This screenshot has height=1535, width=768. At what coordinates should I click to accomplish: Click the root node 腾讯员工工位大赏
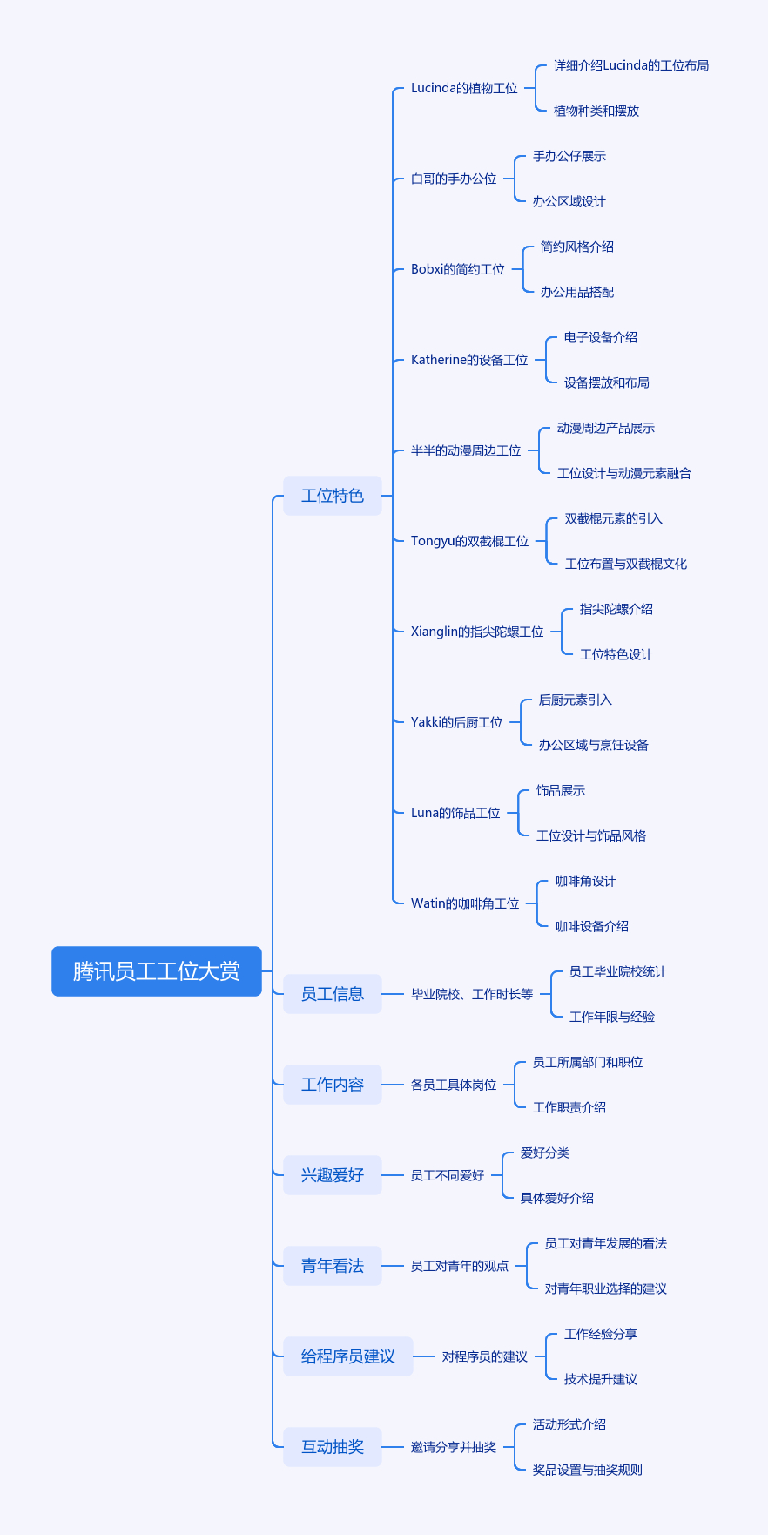157,971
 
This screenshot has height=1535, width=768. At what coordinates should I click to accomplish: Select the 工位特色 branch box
333,496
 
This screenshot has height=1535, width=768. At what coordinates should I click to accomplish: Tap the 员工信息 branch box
333,994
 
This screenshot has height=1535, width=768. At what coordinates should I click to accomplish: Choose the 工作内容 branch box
333,1085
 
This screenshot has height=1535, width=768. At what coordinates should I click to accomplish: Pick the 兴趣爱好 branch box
333,1175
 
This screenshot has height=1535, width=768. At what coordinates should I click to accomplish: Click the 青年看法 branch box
333,1266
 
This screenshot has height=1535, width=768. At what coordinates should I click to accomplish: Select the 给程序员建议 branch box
348,1356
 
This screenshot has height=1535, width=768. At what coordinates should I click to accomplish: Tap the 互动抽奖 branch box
333,1447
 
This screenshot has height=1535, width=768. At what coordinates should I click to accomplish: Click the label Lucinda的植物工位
464,88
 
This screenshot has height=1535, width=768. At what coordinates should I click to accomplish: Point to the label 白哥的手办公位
454,179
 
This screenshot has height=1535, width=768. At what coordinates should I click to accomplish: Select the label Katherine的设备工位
469,360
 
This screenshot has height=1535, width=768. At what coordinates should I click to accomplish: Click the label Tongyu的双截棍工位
470,541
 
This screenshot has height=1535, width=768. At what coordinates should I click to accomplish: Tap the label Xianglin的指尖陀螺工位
477,632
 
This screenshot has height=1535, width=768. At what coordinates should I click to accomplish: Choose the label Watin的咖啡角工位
465,903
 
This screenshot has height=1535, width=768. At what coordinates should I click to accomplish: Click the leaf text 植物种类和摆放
596,111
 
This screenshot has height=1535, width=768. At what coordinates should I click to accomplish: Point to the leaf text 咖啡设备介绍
592,926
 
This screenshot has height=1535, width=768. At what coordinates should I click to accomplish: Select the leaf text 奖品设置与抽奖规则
588,1470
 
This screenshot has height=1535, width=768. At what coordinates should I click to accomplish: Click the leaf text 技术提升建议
601,1379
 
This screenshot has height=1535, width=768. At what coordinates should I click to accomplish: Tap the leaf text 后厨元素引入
576,700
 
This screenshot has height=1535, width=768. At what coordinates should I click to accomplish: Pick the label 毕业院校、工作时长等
472,994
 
